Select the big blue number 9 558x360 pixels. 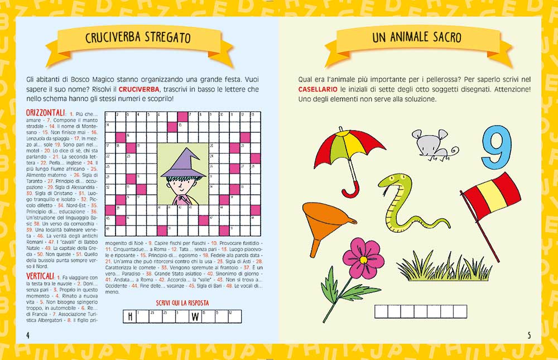(x=496, y=147)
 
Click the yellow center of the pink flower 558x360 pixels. (x=363, y=259)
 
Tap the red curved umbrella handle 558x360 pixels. (x=350, y=190)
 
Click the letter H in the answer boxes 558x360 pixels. (x=130, y=317)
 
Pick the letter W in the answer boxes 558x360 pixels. (x=195, y=317)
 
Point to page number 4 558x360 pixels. (x=27, y=334)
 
